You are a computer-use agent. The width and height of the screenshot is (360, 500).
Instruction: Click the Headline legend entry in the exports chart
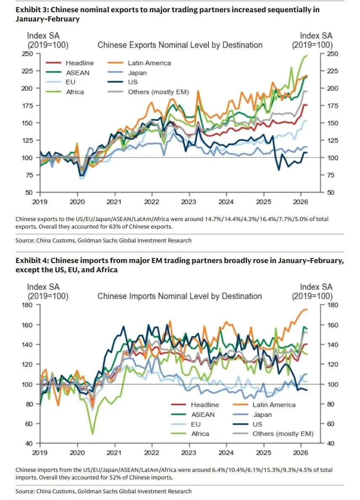[79, 63]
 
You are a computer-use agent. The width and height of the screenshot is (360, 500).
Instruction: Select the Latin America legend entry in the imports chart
[274, 405]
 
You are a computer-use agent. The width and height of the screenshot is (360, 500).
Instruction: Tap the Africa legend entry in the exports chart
[75, 92]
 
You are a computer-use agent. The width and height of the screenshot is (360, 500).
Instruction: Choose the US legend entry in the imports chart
[257, 424]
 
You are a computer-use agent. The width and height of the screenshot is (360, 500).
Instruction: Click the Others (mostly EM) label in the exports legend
[158, 92]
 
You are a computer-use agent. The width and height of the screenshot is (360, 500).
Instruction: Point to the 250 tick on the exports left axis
[28, 53]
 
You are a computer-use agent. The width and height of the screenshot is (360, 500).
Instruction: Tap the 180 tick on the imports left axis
[28, 305]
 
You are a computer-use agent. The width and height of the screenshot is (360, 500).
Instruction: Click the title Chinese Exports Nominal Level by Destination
[180, 45]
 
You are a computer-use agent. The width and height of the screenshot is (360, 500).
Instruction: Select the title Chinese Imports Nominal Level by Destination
[179, 296]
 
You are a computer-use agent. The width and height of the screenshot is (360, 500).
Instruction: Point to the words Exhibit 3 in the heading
[32, 9]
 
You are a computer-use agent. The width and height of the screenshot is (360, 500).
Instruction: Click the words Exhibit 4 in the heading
[32, 261]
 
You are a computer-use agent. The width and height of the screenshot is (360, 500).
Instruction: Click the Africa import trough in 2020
[92, 433]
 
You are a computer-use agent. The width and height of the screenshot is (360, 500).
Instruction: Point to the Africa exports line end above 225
[305, 55]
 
